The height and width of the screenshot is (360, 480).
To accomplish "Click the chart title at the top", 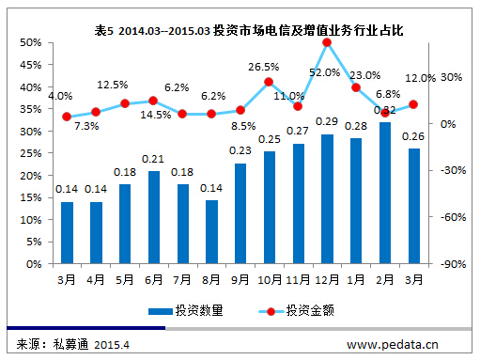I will click(249, 31).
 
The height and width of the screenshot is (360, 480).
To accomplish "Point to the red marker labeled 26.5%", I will click(269, 82).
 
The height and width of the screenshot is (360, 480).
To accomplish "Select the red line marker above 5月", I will click(124, 103).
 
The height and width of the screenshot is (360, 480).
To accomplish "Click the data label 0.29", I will click(327, 122).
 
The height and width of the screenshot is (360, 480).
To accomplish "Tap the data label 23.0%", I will click(364, 74).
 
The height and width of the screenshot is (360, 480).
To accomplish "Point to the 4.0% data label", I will click(60, 96).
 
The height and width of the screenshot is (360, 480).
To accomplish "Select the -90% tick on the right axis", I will click(447, 264).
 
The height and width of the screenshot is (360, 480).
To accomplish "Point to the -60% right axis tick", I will click(447, 217).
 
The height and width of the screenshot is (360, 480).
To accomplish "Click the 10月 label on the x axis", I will click(269, 279).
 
